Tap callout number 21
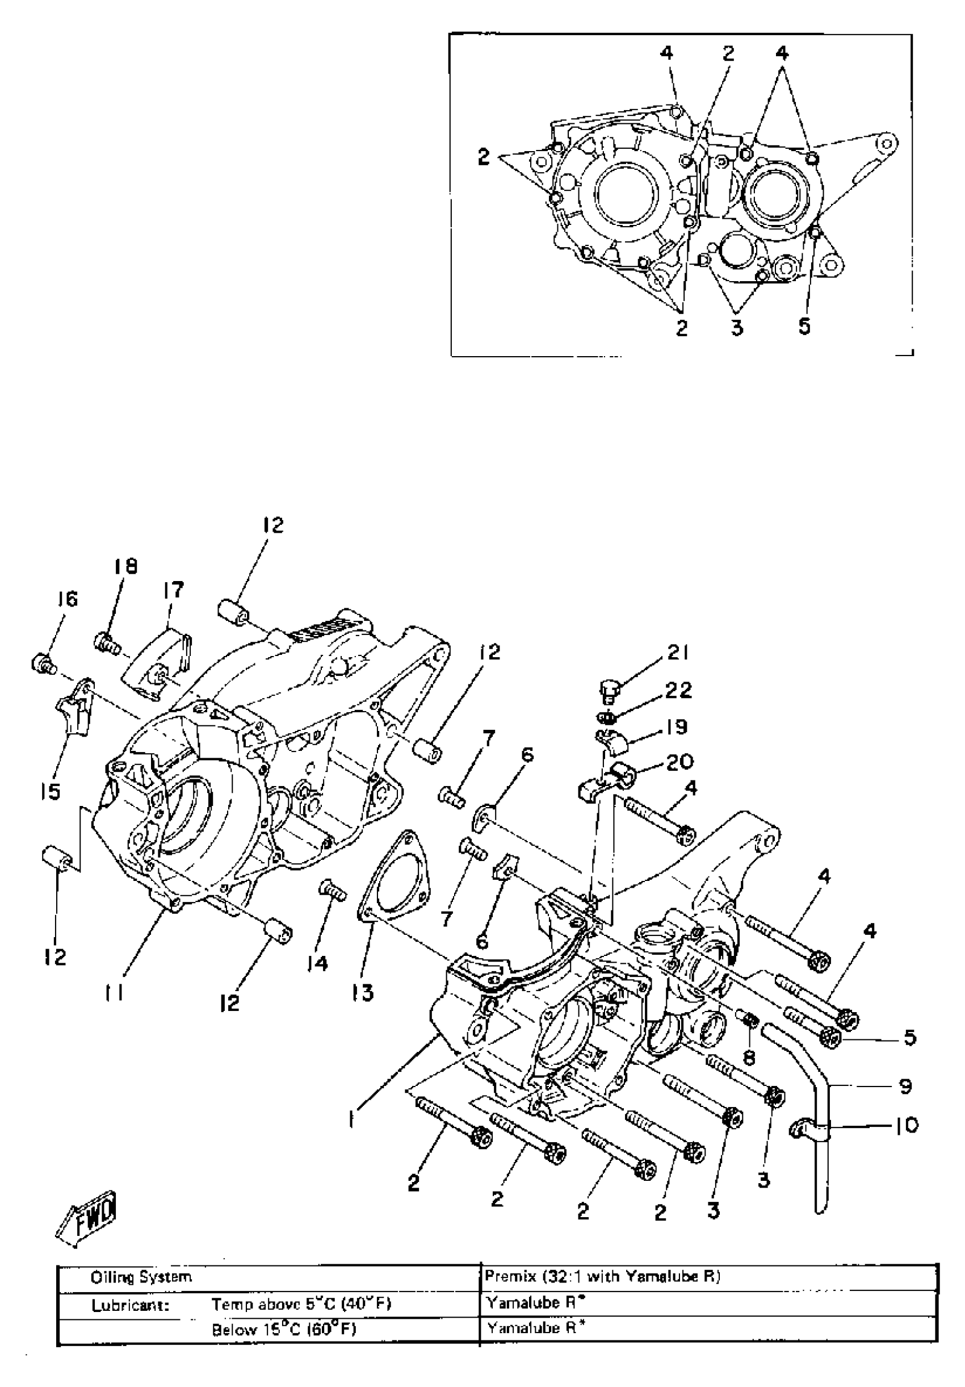(x=677, y=653)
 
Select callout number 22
(x=677, y=690)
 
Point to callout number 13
(x=363, y=992)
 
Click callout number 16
(x=68, y=599)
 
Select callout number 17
(x=173, y=590)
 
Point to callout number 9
(x=905, y=1087)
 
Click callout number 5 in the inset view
(x=804, y=327)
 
